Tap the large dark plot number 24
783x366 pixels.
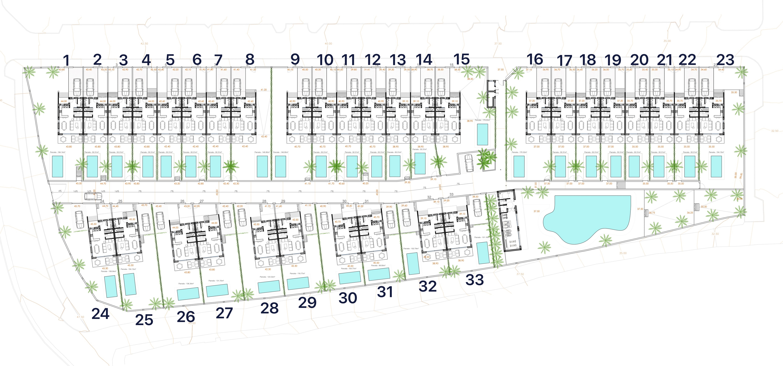pos(100,314)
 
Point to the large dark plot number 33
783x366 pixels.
pos(474,280)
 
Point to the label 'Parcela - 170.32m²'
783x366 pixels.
pos(519,152)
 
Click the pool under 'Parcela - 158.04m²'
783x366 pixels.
pos(111,286)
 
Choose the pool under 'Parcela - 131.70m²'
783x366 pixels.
pos(217,290)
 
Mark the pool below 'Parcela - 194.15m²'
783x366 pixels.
pos(717,166)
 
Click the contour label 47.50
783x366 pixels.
pos(80,317)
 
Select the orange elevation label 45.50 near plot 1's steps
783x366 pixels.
pos(79,184)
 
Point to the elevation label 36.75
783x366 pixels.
pos(652,213)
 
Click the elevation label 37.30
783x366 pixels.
pos(547,184)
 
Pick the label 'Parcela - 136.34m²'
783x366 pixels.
pos(186,283)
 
